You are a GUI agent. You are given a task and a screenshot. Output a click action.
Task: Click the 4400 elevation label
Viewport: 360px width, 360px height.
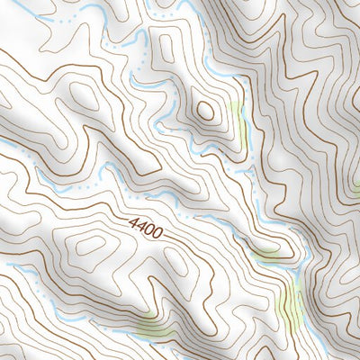(145, 227)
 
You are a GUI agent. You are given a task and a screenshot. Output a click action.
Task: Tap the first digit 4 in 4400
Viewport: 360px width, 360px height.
(133, 220)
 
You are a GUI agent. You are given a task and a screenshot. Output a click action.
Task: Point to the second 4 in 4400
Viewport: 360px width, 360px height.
(141, 225)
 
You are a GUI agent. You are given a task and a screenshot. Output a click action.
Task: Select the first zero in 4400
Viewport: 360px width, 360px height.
(149, 229)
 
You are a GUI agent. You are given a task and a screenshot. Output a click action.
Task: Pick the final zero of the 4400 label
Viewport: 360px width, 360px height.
(157, 234)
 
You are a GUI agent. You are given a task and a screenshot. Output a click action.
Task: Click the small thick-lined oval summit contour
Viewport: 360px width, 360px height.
(205, 111)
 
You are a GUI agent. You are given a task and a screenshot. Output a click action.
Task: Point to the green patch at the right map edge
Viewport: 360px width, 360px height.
(356, 187)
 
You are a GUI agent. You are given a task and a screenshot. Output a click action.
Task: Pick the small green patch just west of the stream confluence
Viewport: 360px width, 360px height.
(266, 255)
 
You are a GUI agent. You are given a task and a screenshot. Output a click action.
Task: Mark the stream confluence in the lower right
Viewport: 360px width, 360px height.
(294, 267)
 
